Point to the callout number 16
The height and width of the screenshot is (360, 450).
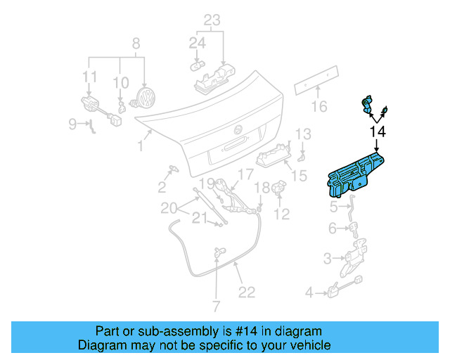[320, 106]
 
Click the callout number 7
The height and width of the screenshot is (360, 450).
[217, 306]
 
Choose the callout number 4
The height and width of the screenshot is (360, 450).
[310, 292]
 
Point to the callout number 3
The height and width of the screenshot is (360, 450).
[328, 259]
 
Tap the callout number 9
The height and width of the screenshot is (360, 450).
[74, 124]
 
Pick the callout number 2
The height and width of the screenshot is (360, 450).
[162, 186]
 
